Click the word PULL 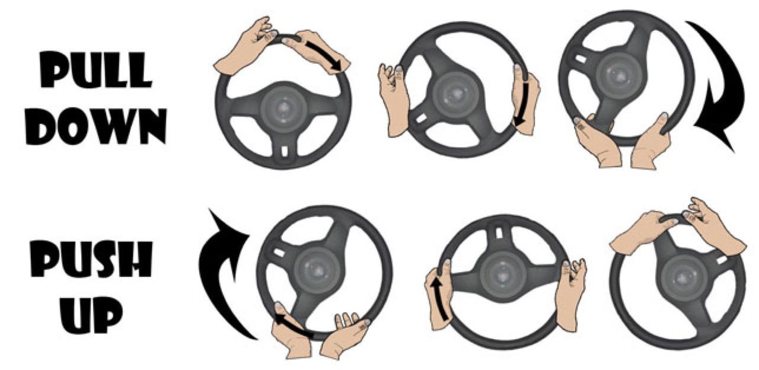[x=95, y=70]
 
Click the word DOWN [x=96, y=127]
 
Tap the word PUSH [x=91, y=259]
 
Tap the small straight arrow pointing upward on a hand [x=440, y=299]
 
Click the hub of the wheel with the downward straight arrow [x=456, y=94]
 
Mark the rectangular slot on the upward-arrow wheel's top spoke [x=499, y=234]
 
